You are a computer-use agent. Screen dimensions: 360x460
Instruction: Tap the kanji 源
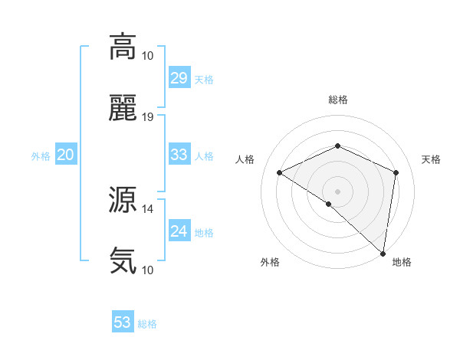coord(123,199)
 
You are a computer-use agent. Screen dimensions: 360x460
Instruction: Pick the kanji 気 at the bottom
coord(123,260)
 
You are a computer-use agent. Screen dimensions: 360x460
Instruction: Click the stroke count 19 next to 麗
coord(148,117)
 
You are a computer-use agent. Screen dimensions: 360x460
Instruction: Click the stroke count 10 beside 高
coord(148,55)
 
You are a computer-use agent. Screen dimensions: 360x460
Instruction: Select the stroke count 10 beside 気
coord(148,270)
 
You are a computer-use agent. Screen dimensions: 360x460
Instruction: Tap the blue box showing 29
coord(179,78)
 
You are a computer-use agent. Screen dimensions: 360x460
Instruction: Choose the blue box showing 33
coord(179,155)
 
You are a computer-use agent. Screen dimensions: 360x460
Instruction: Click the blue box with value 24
coord(179,231)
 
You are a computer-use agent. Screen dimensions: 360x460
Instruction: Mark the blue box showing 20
coord(65,155)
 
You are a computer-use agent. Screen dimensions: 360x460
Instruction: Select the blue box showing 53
coord(123,322)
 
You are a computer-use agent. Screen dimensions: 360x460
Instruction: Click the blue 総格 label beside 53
coord(147,324)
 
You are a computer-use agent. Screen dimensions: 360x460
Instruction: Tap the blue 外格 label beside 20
coord(41,156)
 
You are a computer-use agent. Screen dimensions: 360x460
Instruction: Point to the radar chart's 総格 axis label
coord(337,100)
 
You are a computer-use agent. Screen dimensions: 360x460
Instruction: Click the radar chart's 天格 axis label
coord(431,159)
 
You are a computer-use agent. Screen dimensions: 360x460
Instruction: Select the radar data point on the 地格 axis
coord(383,253)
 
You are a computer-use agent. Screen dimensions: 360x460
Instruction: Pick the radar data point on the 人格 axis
coord(280,172)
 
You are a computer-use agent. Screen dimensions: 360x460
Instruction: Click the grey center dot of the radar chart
coord(337,191)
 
